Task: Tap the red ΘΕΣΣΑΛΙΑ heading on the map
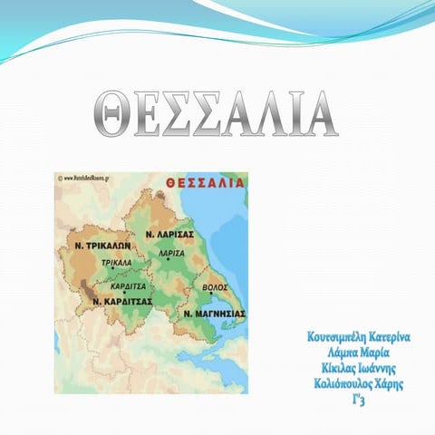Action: [205, 183]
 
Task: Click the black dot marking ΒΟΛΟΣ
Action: [211, 293]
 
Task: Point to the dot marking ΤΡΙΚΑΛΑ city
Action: [112, 269]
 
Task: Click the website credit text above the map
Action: [92, 179]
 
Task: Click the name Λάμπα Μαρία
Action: [360, 353]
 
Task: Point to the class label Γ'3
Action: [360, 400]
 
